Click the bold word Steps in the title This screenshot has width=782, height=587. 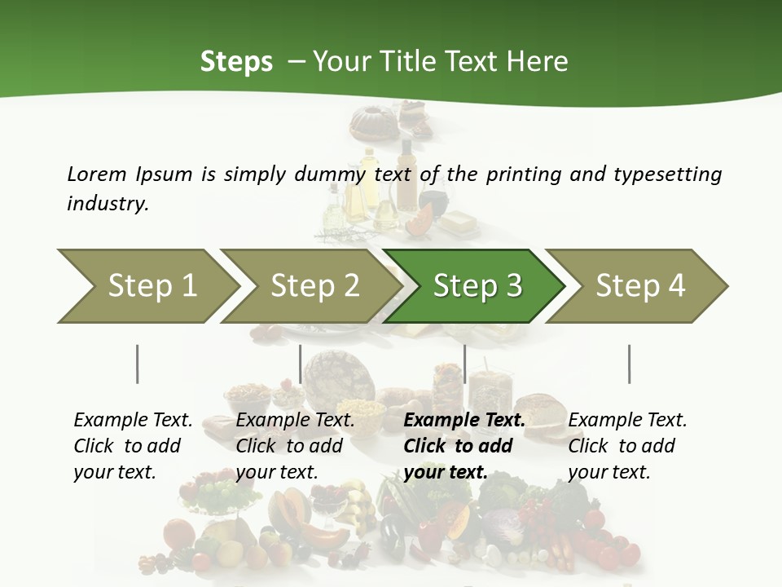236,62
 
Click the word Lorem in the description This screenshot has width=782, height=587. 97,174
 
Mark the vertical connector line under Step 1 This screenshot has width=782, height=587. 138,364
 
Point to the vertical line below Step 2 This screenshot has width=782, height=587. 301,364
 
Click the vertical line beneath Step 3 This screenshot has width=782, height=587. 464,364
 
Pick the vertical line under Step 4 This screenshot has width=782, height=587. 629,364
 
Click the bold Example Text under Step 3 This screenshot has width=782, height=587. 464,421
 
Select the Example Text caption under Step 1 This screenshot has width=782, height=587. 133,421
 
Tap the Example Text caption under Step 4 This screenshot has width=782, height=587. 627,421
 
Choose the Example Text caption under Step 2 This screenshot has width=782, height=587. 295,421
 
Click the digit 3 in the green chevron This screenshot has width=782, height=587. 513,285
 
